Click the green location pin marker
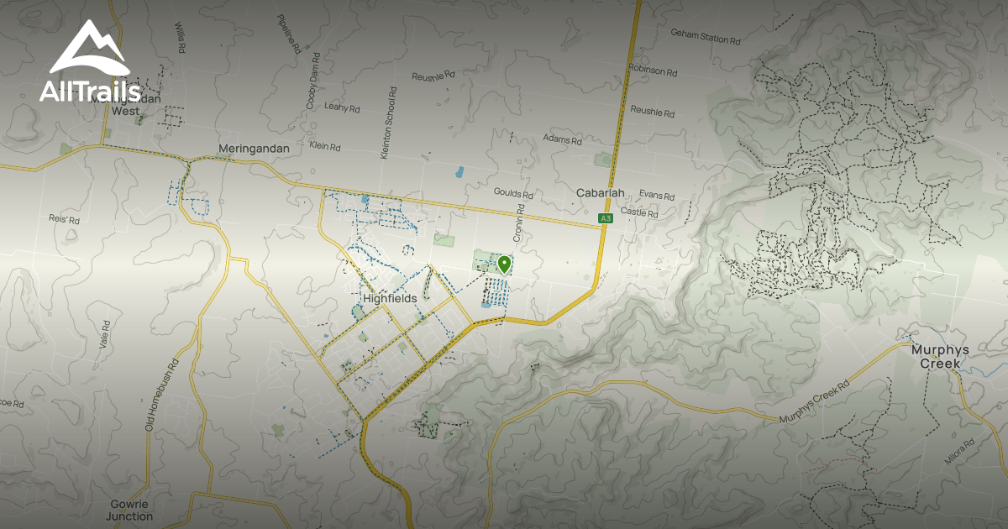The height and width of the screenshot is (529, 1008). coord(504,265)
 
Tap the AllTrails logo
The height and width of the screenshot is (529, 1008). coord(87,64)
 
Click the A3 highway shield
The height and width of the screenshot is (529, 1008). coord(605,218)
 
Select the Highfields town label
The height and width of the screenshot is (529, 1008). coord(390,298)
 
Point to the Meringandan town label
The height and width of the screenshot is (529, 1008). coord(254,149)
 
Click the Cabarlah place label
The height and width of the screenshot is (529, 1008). coord(600,193)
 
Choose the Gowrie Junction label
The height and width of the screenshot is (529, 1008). coord(130,510)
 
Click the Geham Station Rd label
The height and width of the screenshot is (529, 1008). coord(706,37)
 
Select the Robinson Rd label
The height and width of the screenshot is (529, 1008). coord(653,71)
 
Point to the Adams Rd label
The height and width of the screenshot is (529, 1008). coord(562,139)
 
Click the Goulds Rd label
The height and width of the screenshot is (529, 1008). coord(513,194)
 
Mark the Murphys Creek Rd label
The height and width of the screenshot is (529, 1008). coord(814,402)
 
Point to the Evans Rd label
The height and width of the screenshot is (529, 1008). coord(657,196)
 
